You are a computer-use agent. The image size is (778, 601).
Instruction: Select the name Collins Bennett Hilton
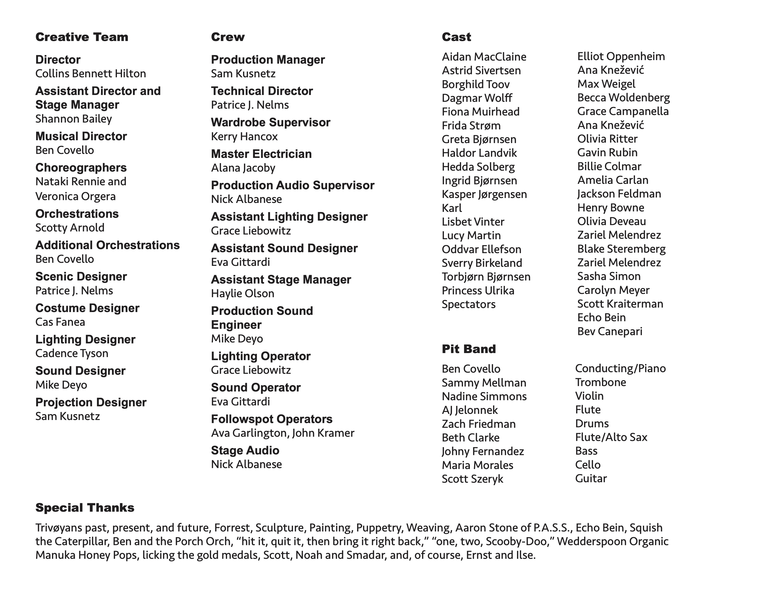[x=91, y=74]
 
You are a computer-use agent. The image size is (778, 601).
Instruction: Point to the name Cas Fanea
[x=60, y=322]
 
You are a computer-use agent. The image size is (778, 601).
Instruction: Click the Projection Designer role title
[x=91, y=402]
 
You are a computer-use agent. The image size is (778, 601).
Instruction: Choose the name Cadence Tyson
[x=72, y=354]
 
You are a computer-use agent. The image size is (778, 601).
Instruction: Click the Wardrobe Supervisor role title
[x=270, y=123]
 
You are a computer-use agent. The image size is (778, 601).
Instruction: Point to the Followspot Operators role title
[x=271, y=419]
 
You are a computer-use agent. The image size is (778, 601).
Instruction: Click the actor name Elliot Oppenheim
[x=621, y=57]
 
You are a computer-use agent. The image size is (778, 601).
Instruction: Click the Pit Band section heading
[x=468, y=349]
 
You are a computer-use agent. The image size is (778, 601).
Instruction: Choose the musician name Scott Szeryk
[x=472, y=479]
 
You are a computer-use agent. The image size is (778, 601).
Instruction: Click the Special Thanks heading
[x=85, y=508]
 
